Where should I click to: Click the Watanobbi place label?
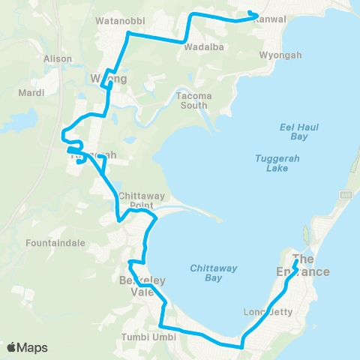(x=120, y=20)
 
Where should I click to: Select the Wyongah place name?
(x=279, y=55)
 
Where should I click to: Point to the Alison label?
(x=58, y=58)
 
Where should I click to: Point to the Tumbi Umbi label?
(x=148, y=337)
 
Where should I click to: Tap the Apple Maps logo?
(x=27, y=347)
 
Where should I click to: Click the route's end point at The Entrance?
(x=298, y=262)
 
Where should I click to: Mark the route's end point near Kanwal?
(x=256, y=15)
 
